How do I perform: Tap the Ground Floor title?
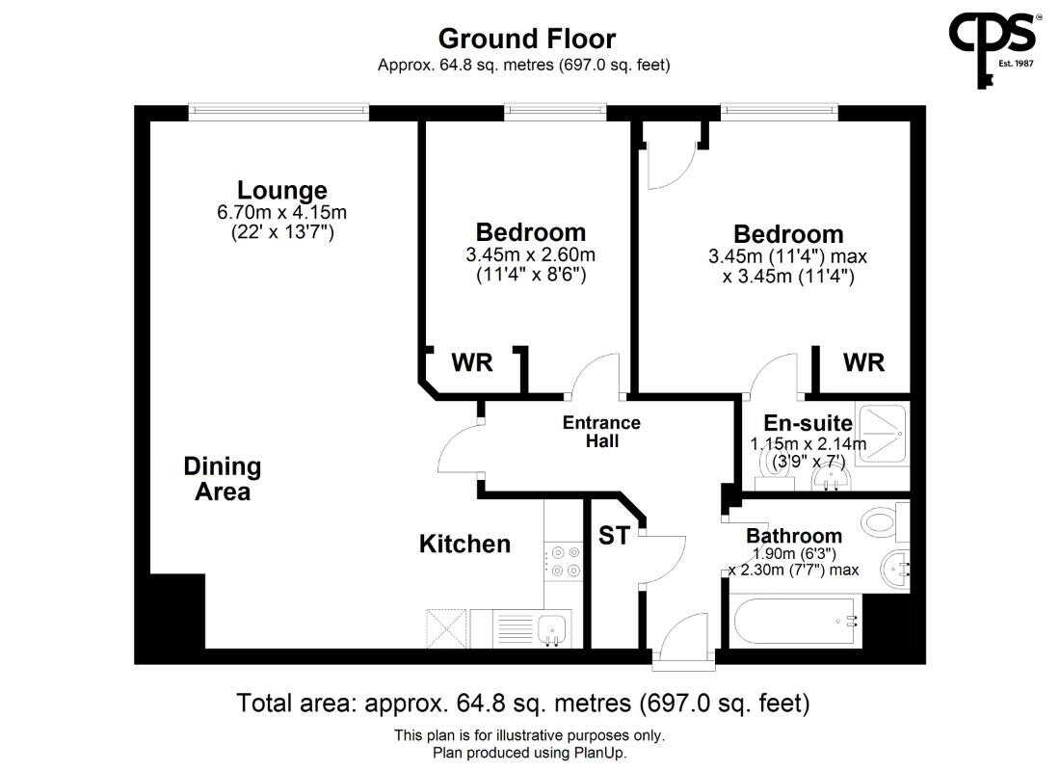526,39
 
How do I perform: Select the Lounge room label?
282,190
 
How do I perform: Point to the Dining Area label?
223,479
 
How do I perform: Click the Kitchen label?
464,544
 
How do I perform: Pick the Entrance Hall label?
601,432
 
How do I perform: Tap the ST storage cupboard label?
614,536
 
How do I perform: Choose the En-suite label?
808,423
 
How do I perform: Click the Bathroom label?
794,536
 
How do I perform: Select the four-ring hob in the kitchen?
563,561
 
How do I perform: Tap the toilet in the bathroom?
886,521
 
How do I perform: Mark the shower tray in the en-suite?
882,435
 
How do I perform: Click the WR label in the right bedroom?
863,363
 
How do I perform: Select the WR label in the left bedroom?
472,363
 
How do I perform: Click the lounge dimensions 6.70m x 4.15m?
282,212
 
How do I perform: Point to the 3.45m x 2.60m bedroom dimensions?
531,255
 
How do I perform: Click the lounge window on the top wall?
278,112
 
